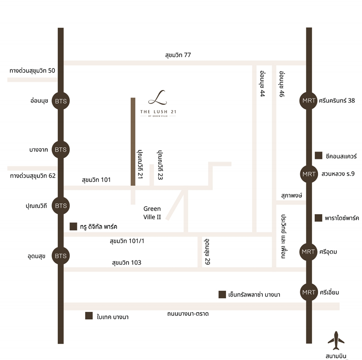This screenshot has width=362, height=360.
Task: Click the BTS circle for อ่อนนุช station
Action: pos(61,101)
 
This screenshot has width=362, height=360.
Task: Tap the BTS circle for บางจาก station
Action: pos(61,149)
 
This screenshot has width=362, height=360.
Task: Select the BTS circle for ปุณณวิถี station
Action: pos(61,206)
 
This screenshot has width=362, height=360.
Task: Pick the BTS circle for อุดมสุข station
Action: pos(61,256)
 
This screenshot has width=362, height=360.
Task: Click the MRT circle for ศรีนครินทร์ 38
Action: pos(309,101)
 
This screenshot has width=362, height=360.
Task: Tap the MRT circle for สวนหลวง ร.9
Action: pos(309,174)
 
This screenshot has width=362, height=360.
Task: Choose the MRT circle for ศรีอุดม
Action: pos(309,252)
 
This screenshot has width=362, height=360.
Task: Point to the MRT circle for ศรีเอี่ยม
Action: pos(309,292)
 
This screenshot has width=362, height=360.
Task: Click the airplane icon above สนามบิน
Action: pos(336,341)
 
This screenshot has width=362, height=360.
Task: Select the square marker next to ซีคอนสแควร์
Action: pos(319,156)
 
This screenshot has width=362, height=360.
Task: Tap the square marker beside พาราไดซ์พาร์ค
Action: pos(319,218)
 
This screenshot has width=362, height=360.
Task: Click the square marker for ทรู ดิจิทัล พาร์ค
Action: pos(73,226)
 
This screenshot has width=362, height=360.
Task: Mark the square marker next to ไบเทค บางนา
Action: pos(89,316)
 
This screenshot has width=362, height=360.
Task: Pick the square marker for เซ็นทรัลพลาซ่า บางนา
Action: pos(222,295)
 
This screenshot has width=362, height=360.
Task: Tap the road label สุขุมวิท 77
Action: pos(178,55)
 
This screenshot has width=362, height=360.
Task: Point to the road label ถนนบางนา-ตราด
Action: pos(188,313)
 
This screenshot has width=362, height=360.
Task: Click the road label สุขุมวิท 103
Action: pos(127,263)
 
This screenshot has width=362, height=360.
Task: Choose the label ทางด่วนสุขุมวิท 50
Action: pos(32,71)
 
